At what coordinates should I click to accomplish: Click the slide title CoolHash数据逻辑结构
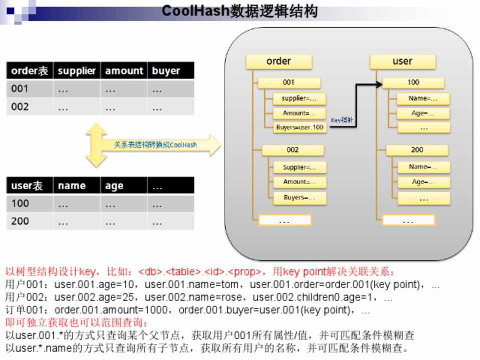point(240,11)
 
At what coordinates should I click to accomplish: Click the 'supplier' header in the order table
point(76,70)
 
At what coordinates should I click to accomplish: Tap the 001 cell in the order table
point(20,89)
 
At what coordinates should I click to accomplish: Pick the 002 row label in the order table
point(20,106)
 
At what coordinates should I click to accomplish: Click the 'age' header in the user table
point(114,186)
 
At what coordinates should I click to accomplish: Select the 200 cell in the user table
point(20,221)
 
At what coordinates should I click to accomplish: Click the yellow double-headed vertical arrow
point(96,145)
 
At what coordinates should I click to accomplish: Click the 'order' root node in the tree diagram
point(278,61)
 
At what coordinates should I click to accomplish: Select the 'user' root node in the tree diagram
point(402,61)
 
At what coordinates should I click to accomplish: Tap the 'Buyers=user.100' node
point(299,127)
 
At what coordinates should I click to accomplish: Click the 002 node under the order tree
point(292,150)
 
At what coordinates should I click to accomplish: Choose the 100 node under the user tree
point(413,82)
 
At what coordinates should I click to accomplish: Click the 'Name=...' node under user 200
point(423,167)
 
